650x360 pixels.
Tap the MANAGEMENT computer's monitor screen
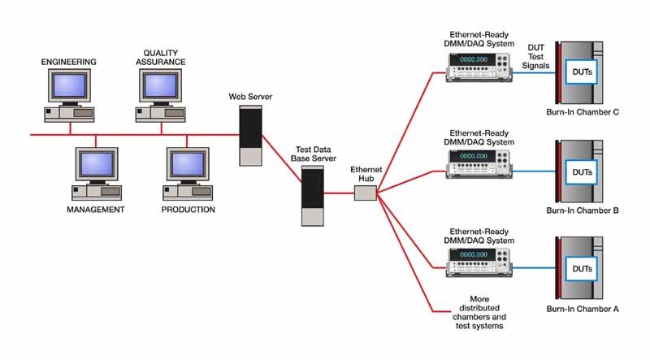pos(95,164)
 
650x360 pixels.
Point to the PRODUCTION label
pos(187,210)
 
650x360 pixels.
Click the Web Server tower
pos(249,134)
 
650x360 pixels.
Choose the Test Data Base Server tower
pos(312,197)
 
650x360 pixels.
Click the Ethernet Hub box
pos(366,193)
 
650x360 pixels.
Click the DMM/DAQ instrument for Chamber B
pos(478,162)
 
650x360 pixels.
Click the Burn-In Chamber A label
pos(583,309)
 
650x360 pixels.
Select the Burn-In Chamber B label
pos(583,210)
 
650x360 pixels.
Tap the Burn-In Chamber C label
pos(583,112)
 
